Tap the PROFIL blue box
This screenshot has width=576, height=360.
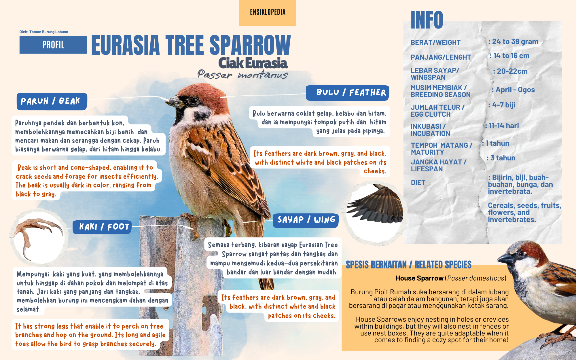pos(53,45)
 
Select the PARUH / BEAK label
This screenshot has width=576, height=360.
pos(52,101)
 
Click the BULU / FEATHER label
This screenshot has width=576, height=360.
pos(348,93)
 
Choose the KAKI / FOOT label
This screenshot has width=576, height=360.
pos(102,227)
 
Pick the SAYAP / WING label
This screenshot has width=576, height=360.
pos(306,220)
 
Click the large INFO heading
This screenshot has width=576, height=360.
pos(427,20)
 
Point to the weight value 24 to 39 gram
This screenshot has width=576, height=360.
pos(513,42)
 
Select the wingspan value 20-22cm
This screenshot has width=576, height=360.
pos(510,71)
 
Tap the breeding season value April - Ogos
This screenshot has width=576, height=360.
pos(513,90)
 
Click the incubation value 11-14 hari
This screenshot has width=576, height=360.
pos(502,126)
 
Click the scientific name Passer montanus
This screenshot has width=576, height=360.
pos(242,75)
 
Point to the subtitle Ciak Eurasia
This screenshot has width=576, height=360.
pos(253,63)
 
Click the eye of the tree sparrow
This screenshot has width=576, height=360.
pos(193,101)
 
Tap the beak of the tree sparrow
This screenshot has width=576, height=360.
pos(174,101)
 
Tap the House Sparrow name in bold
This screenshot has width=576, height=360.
pos(419,278)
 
